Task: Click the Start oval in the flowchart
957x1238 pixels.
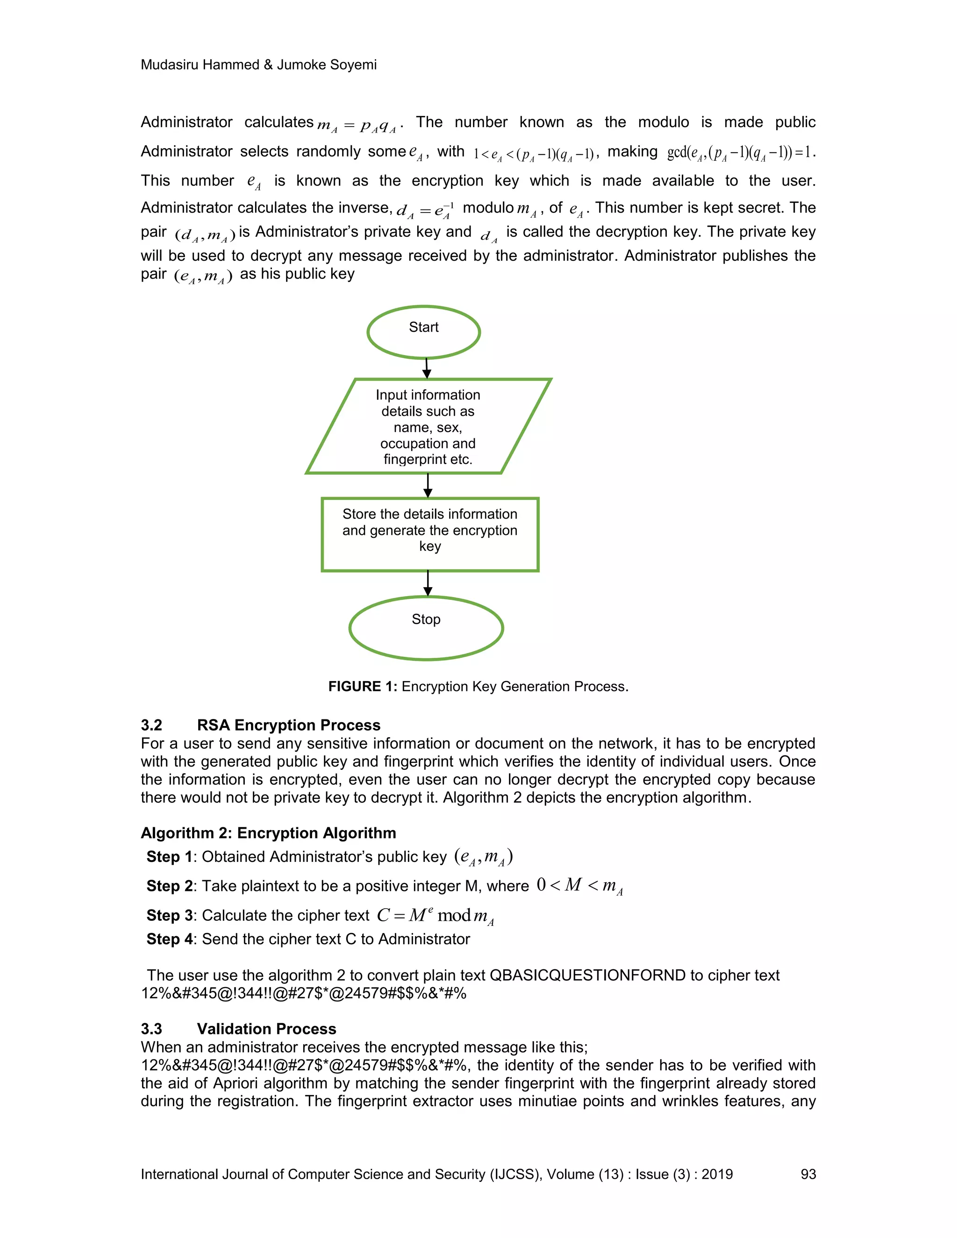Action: click(x=423, y=332)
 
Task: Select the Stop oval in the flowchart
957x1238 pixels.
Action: click(x=426, y=627)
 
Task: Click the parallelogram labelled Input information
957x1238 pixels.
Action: click(x=428, y=426)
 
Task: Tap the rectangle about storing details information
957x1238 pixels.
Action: click(x=430, y=534)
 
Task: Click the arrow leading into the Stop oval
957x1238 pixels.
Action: click(x=428, y=583)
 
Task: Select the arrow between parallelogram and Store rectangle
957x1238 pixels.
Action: click(x=428, y=485)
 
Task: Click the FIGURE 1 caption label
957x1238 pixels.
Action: click(x=363, y=686)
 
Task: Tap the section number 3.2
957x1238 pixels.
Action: click(x=151, y=725)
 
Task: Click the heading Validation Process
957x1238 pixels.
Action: click(x=266, y=1029)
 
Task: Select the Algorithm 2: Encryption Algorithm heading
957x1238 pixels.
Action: click(x=268, y=832)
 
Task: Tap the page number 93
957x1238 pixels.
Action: click(x=808, y=1174)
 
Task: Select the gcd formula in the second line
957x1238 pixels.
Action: click(x=741, y=153)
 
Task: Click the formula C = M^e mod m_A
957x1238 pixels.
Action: click(x=436, y=916)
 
